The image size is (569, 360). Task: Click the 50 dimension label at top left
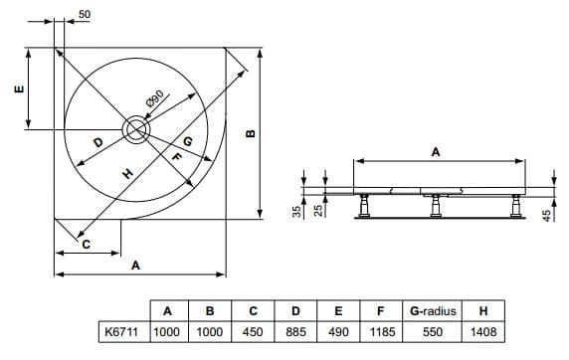(x=85, y=14)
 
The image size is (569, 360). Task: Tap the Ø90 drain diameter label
(x=155, y=98)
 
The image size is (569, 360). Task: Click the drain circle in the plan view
(x=136, y=129)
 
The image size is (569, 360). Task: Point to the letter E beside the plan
(x=19, y=89)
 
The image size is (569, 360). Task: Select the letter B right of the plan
(x=251, y=133)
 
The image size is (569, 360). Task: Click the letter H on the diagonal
(x=127, y=173)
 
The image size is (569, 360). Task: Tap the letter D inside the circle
(x=98, y=142)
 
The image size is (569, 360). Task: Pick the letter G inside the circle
(x=188, y=141)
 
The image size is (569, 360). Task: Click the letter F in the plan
(x=176, y=157)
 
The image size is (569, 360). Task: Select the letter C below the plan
(x=86, y=245)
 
